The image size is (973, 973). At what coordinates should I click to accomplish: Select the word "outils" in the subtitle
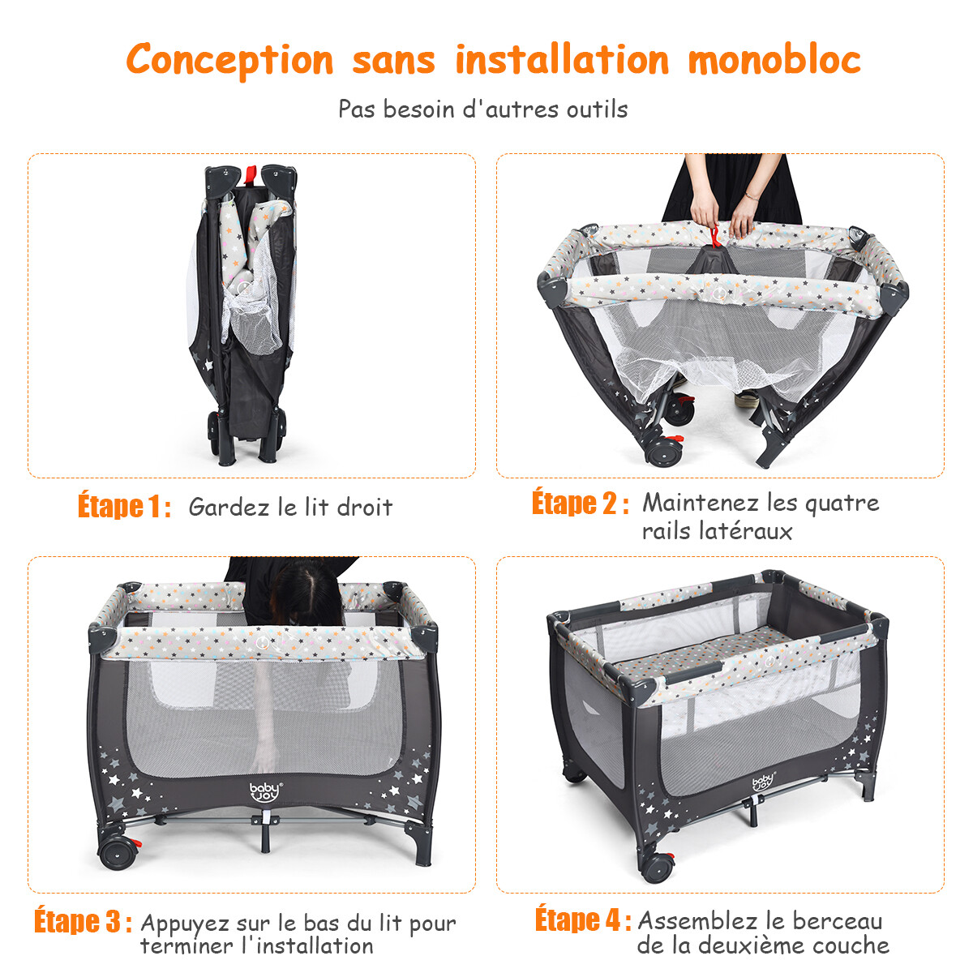point(597,109)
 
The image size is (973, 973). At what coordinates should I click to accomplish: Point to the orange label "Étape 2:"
point(581,503)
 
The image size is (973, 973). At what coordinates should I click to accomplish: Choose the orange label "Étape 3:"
point(84,920)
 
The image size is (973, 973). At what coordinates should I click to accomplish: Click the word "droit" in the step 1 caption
point(365,507)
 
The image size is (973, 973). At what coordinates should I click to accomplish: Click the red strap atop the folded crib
point(251,174)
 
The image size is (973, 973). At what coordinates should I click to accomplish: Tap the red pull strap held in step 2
point(715,236)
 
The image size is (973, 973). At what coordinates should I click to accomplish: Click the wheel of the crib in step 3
point(118,855)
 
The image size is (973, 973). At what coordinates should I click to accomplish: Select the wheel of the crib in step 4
point(657,868)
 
